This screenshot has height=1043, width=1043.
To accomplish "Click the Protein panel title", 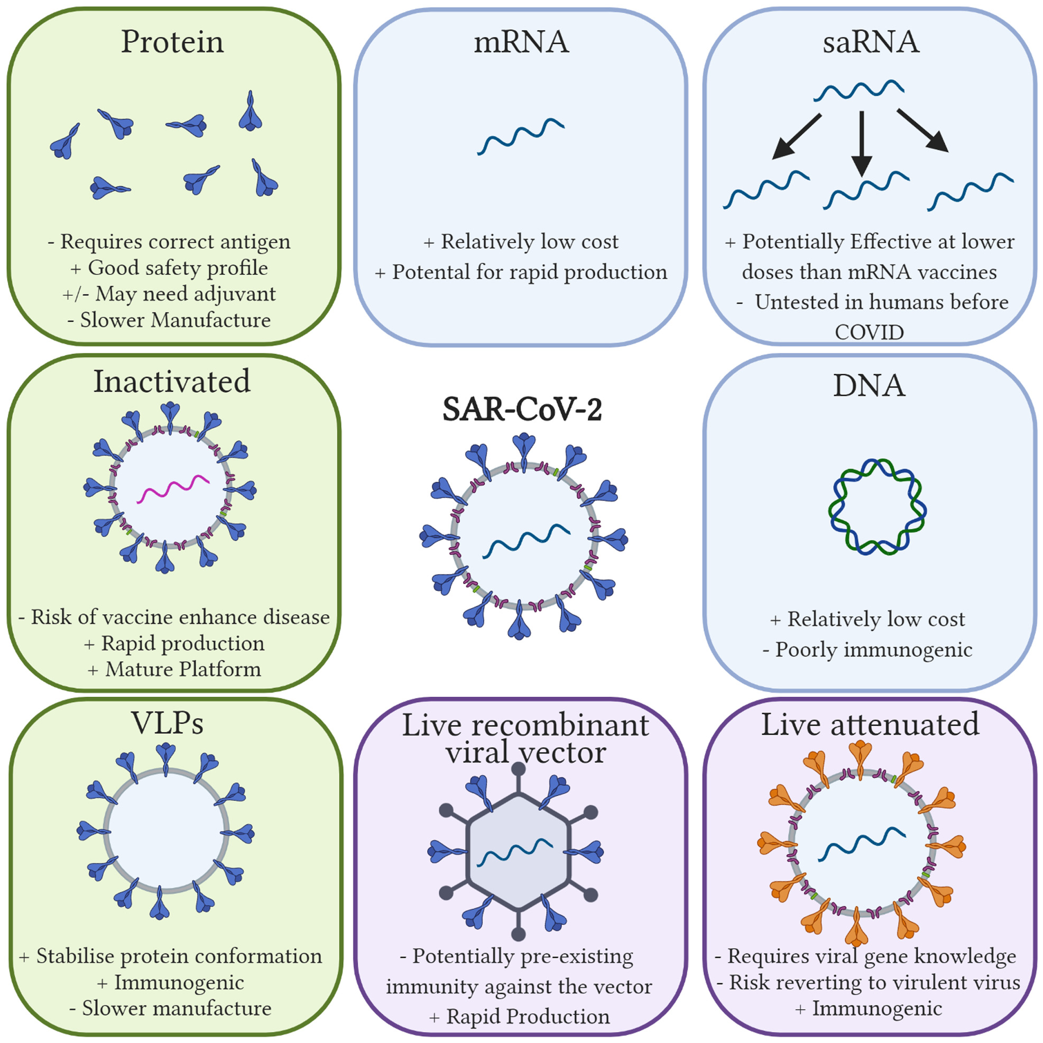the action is coord(172,42).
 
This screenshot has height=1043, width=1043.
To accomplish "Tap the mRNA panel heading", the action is coord(521,42).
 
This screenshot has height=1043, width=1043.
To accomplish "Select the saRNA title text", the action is coord(871,42).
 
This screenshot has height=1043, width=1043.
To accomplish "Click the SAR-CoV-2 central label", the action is coord(522,409).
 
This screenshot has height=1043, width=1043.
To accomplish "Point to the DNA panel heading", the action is coord(869,385).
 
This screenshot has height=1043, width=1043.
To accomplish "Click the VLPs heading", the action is coord(168,723).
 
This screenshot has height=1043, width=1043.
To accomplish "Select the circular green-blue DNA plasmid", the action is coord(877,507).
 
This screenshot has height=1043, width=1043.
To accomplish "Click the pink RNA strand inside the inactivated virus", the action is coord(173,489).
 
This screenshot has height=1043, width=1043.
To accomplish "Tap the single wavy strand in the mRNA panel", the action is coord(521,136).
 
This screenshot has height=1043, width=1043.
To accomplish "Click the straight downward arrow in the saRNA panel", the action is coord(862,144).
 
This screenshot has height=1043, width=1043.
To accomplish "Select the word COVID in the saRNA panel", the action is coord(869,332).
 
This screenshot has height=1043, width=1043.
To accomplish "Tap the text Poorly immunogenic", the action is coord(873,650).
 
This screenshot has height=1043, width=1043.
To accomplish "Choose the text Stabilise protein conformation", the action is coord(179,956).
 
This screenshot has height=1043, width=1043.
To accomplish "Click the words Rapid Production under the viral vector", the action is coord(528,1017).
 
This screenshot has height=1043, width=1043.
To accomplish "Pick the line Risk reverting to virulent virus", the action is coord(874,983).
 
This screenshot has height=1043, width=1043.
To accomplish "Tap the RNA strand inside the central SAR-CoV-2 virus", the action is coord(527,540).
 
